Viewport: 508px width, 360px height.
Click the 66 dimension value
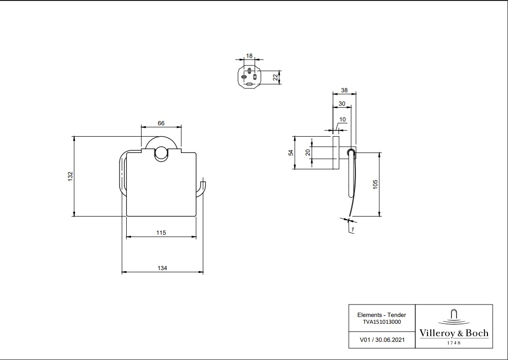(x=161, y=123)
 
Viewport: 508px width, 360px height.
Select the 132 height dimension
(x=70, y=176)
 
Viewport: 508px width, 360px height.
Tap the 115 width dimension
(x=161, y=233)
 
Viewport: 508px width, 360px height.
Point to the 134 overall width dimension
(x=163, y=268)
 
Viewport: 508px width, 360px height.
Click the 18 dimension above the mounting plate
(x=249, y=56)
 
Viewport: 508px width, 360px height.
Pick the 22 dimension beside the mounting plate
(x=276, y=78)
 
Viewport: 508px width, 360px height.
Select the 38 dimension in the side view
(x=344, y=90)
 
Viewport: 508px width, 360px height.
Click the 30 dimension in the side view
(x=342, y=104)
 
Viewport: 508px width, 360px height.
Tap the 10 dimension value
(x=342, y=119)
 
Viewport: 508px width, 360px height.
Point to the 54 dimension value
(x=290, y=153)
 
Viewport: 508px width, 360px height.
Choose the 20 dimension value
(x=308, y=153)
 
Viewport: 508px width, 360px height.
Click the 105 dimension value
(x=375, y=184)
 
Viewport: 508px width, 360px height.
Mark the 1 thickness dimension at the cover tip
(x=352, y=230)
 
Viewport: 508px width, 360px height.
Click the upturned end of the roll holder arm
(x=203, y=184)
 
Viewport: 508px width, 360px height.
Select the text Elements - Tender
(x=382, y=315)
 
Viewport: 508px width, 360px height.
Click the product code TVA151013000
(x=382, y=322)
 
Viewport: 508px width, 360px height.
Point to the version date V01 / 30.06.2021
(x=382, y=340)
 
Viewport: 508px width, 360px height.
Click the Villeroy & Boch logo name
(x=454, y=333)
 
